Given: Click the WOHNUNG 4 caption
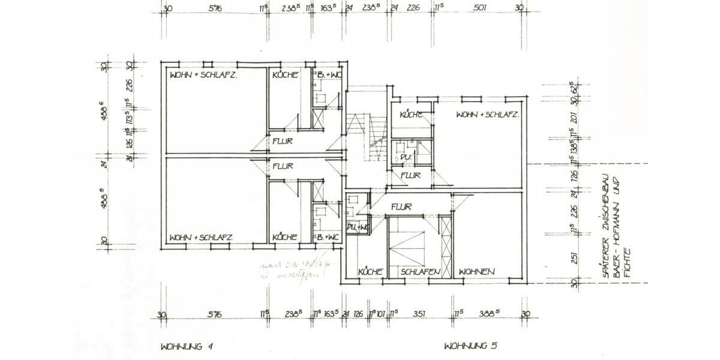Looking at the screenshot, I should tap(187, 346).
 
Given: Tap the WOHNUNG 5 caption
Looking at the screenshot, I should tap(470, 346).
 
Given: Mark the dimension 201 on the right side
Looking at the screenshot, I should tap(574, 118).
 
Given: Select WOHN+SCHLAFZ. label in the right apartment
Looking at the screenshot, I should tap(487, 115).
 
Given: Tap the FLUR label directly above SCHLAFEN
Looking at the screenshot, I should tap(400, 208).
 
